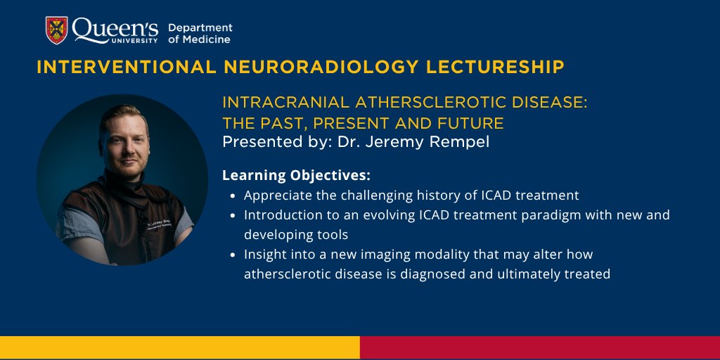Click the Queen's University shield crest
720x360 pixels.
pyautogui.click(x=56, y=30)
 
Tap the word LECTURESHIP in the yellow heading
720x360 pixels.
pyautogui.click(x=496, y=67)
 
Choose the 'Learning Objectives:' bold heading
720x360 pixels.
pyautogui.click(x=296, y=175)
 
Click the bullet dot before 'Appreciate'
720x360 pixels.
pyautogui.click(x=233, y=196)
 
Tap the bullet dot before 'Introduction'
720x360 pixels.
pyautogui.click(x=233, y=215)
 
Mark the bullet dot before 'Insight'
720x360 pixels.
pyautogui.click(x=233, y=255)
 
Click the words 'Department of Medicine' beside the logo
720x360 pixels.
pyautogui.click(x=200, y=34)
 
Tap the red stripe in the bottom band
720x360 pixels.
pyautogui.click(x=540, y=347)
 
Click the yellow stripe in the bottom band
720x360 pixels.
pyautogui.click(x=180, y=347)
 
